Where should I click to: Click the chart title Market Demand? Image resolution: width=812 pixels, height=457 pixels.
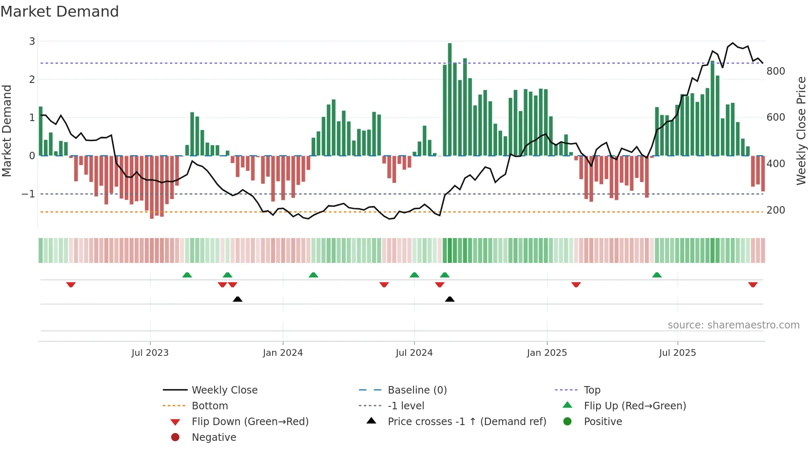point(60,12)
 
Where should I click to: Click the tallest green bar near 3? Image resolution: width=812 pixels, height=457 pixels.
point(450,100)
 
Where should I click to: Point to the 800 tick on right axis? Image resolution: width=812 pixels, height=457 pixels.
point(776,71)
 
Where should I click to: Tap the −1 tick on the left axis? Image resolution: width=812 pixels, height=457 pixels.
point(28,194)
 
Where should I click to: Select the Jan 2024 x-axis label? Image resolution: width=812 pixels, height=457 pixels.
point(283,353)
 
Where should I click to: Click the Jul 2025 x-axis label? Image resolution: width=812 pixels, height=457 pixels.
point(677,353)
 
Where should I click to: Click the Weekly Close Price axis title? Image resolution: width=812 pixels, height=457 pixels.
point(801,131)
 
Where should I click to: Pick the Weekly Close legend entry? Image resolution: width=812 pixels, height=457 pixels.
point(224,390)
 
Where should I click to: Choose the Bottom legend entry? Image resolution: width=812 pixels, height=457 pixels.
point(210,406)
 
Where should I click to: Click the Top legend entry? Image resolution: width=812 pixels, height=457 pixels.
point(592,390)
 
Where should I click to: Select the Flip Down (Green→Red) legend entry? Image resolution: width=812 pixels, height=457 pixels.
point(250,422)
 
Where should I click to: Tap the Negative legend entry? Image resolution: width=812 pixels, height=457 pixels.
point(214,438)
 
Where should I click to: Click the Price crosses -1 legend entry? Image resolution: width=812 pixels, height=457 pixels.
point(466,422)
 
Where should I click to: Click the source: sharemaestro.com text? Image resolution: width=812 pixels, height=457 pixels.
point(733,325)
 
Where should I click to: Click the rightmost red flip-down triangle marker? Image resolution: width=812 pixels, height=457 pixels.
point(753,284)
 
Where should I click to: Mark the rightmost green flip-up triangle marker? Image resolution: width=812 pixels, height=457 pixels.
point(657,275)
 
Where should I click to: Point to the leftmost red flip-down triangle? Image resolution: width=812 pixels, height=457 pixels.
point(71,284)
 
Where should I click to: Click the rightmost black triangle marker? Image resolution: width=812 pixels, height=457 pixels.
point(450,299)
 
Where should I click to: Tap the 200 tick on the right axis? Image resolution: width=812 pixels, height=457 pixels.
point(776,210)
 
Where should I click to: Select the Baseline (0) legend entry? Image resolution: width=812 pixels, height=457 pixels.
point(417,390)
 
